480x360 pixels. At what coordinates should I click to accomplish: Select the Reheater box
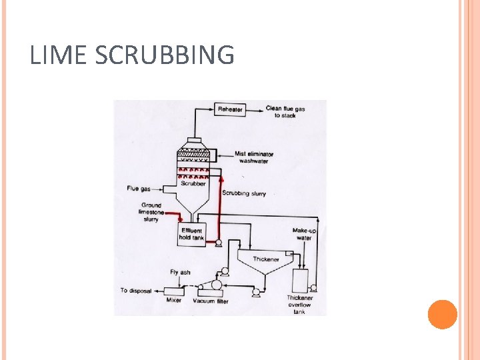(230, 109)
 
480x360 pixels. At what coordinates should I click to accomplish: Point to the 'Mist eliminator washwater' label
(254, 157)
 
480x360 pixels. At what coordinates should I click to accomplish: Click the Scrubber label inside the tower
(193, 183)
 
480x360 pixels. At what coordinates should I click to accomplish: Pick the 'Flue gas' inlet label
(138, 189)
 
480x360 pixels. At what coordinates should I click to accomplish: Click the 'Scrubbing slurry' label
(244, 193)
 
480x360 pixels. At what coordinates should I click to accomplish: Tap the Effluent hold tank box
(191, 234)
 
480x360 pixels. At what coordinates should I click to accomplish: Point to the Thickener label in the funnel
(265, 259)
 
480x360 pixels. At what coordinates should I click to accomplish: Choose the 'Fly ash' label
(180, 272)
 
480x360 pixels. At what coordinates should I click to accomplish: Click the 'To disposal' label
(137, 291)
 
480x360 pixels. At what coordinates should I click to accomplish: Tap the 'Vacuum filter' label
(211, 301)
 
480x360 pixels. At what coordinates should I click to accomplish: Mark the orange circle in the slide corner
(442, 315)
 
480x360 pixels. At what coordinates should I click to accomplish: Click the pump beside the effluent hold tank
(218, 245)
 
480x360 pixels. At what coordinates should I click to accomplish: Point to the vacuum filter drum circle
(215, 285)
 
